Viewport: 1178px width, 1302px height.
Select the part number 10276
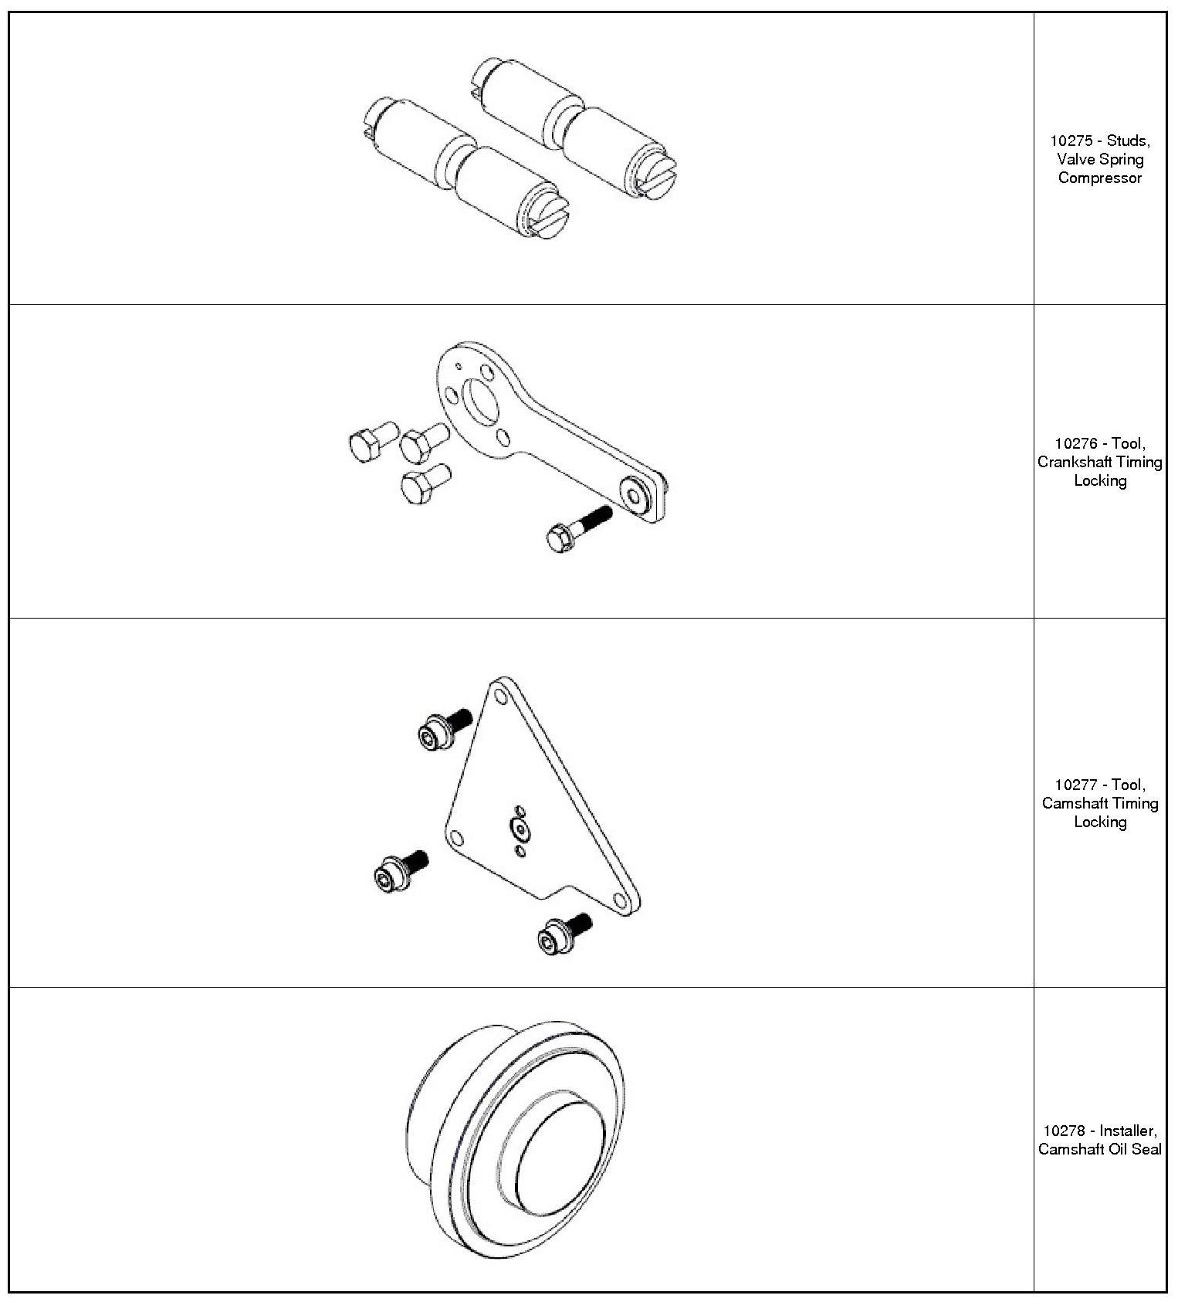coord(1074,444)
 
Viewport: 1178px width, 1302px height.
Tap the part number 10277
coord(1074,785)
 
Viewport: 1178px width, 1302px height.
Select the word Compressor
coord(1100,178)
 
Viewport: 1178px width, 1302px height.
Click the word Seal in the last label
coord(1148,1150)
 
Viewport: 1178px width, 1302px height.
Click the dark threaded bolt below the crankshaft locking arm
coord(578,527)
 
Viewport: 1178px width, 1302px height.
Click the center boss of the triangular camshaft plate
coord(520,829)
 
